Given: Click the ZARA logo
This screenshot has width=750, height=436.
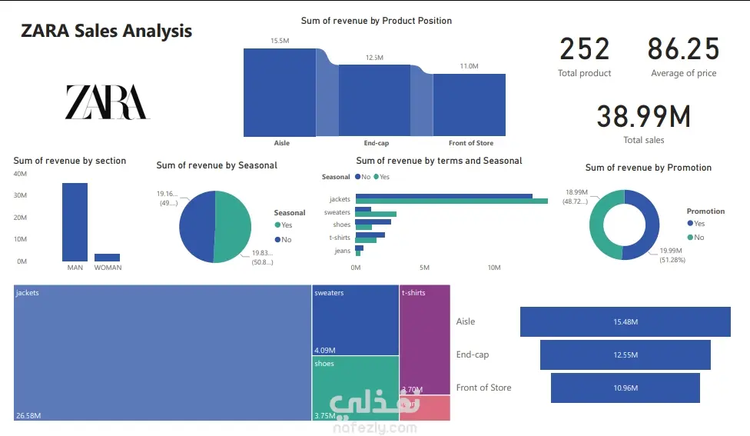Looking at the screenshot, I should pos(107,102).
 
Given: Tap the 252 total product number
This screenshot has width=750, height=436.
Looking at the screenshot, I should pos(584,49).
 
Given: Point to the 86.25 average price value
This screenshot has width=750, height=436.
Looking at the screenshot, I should pos(683,49).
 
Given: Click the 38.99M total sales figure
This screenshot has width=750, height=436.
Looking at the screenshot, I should pos(643,116).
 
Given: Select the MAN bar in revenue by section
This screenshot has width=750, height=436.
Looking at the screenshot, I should pos(75,222).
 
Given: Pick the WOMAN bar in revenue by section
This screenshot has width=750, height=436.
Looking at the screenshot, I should pos(107,258).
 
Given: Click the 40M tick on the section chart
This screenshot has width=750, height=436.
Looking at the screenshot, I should pos(21,174).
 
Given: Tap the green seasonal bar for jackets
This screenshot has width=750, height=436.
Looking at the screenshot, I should pos(451,201).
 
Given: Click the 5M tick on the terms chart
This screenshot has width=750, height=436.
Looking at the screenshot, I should pos(424,268).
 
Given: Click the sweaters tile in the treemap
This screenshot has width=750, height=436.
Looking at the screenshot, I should pos(355,319).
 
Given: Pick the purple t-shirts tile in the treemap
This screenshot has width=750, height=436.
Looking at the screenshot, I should pos(424,334).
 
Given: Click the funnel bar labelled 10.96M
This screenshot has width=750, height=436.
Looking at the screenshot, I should pos(625,388).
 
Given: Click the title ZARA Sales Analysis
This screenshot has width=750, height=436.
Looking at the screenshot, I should pos(107,31).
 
